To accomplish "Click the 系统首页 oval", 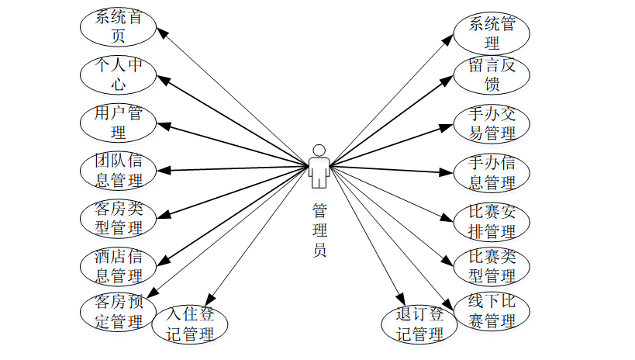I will [x=119, y=26].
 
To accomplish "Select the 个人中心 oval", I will [x=119, y=74].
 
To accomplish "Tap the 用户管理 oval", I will [x=119, y=123].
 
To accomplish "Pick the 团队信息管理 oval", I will [x=119, y=171].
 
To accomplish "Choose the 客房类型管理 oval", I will [x=119, y=218].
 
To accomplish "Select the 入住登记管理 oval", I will [x=190, y=324].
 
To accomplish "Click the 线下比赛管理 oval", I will [x=492, y=311].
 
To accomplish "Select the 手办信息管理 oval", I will [x=492, y=172].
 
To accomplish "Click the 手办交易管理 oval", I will [x=492, y=123].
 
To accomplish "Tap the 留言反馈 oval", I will [x=492, y=74].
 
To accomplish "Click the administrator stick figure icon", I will [x=318, y=165].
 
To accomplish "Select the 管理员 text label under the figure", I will [x=319, y=230].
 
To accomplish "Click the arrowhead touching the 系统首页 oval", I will [x=162, y=32].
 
